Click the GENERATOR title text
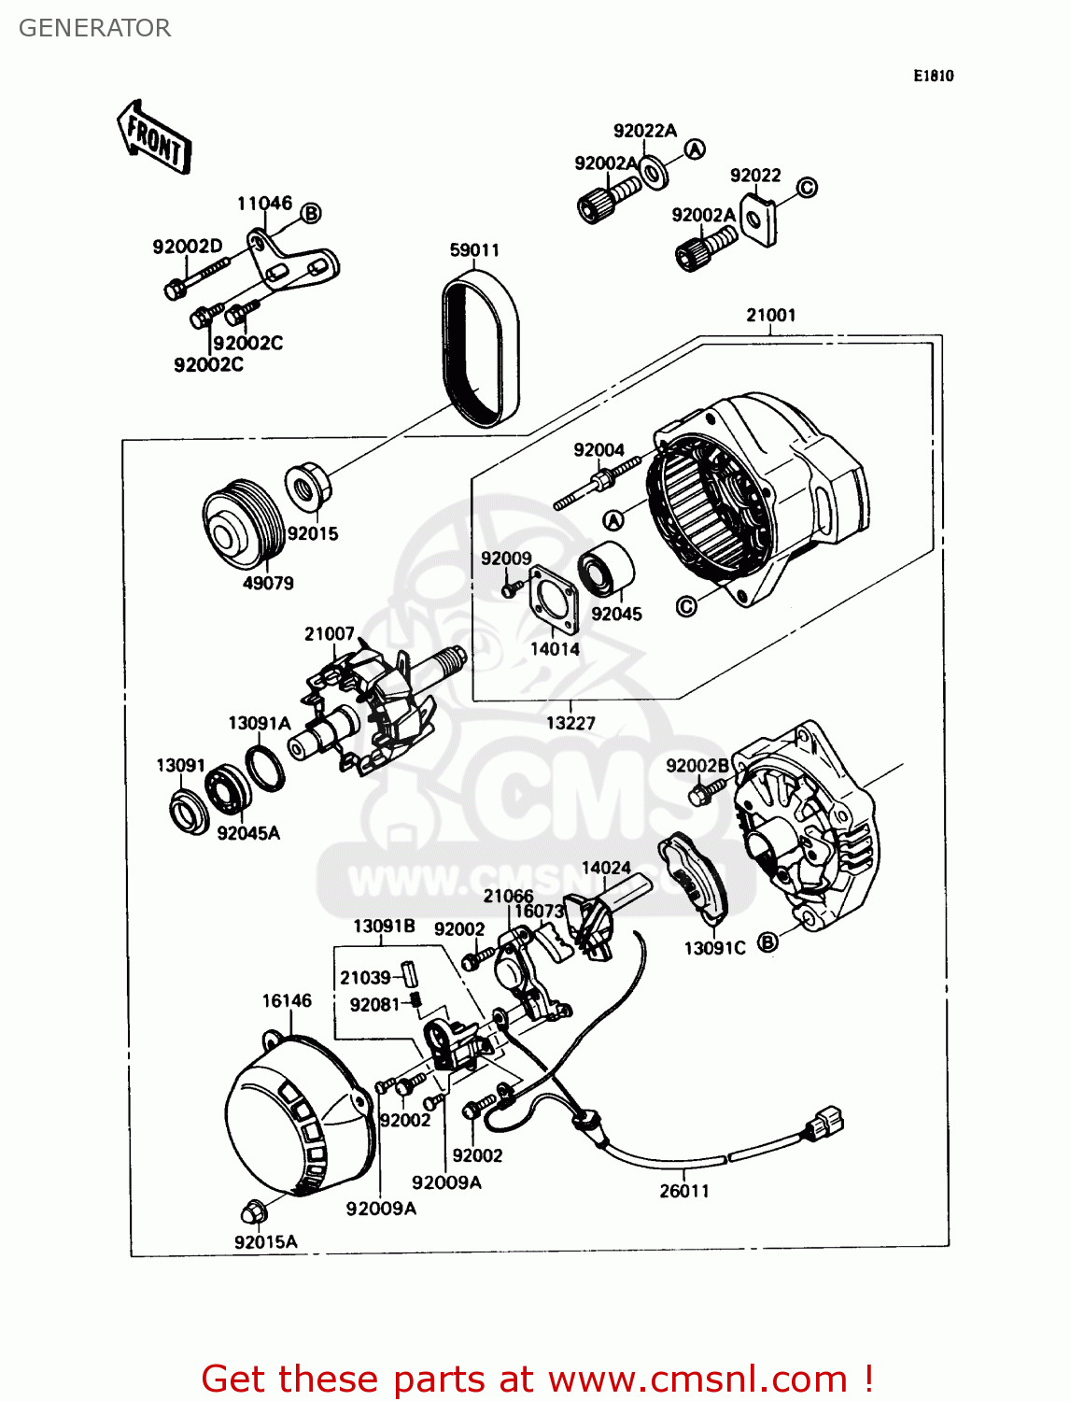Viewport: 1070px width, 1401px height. pyautogui.click(x=94, y=28)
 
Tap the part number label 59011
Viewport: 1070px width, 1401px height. pyautogui.click(x=474, y=249)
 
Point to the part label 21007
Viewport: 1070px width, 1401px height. pyautogui.click(x=329, y=634)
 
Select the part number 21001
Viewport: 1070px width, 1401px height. pyautogui.click(x=770, y=315)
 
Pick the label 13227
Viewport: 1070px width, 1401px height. pyautogui.click(x=570, y=722)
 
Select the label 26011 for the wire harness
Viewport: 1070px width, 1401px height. pyautogui.click(x=684, y=1191)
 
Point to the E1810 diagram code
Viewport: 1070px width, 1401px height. pyautogui.click(x=933, y=76)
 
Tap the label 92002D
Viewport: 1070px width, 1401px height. pyautogui.click(x=188, y=247)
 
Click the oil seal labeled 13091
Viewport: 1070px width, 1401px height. pyautogui.click(x=190, y=811)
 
